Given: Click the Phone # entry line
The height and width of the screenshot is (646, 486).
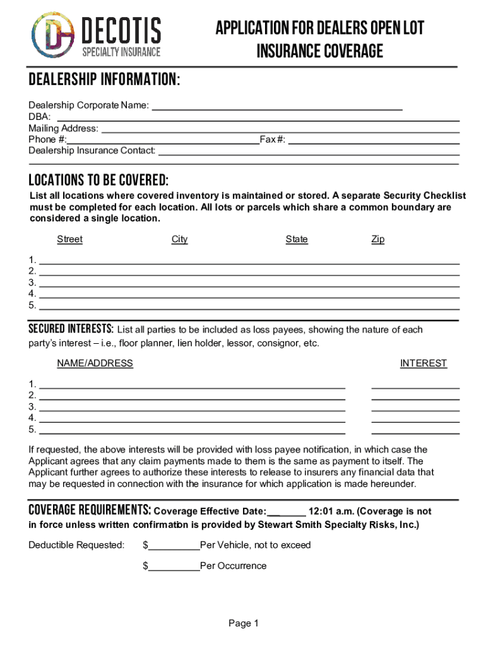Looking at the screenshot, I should (x=163, y=139).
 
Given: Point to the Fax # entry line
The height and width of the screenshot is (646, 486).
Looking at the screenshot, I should (x=373, y=139).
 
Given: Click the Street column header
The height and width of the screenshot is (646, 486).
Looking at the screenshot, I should (x=69, y=239).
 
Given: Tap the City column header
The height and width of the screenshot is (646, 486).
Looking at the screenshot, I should (x=179, y=239).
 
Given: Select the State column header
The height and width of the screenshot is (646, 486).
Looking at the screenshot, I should (x=297, y=239).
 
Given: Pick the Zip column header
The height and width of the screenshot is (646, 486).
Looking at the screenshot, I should (x=377, y=239).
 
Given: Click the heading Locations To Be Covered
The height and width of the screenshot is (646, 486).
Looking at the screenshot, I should (x=98, y=179).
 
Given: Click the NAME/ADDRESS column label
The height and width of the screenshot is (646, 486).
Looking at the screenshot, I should (x=95, y=363).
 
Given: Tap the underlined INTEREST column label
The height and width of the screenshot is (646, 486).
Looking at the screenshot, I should (x=423, y=363).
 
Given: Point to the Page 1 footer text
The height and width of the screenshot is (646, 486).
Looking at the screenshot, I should (x=244, y=624).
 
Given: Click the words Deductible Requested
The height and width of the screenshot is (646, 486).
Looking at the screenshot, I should (x=76, y=545).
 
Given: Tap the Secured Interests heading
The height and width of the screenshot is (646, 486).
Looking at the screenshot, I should (x=71, y=329).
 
